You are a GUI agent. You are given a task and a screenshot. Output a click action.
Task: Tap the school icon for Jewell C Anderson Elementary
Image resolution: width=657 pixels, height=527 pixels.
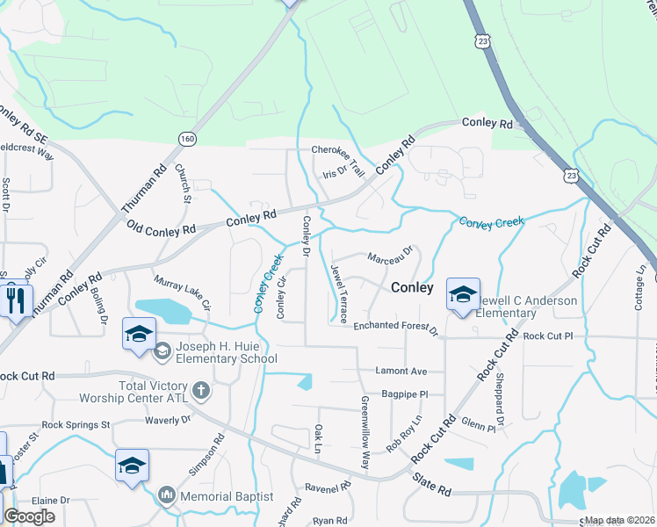(463, 295)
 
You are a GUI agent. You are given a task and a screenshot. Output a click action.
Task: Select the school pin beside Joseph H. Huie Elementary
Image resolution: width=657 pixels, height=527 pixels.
(139, 335)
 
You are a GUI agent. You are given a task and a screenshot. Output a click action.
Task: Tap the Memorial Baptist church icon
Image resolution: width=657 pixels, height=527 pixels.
(167, 496)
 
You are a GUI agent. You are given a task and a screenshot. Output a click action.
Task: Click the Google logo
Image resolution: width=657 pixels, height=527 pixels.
(29, 516)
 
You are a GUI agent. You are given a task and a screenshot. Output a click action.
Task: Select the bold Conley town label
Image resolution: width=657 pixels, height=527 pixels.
(412, 287)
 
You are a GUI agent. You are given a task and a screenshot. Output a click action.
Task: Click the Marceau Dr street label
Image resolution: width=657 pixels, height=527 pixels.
(390, 258)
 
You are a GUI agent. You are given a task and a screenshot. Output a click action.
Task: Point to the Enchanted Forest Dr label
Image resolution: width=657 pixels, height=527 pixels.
(395, 327)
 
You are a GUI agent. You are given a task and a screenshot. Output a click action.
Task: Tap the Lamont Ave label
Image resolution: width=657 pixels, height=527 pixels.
(401, 371)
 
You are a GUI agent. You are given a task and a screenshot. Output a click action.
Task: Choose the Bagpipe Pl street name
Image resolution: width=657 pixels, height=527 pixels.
(406, 394)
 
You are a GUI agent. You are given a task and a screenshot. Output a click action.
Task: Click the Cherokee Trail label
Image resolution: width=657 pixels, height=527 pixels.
(338, 150)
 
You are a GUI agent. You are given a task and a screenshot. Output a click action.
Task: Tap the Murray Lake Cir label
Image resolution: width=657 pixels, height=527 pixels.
(183, 292)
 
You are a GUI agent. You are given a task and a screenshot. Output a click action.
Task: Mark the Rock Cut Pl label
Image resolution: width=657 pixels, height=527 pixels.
(547, 336)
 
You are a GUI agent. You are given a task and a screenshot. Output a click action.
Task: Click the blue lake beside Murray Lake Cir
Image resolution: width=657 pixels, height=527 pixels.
(163, 310)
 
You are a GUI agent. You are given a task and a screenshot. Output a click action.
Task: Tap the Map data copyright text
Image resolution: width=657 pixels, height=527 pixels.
(619, 520)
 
